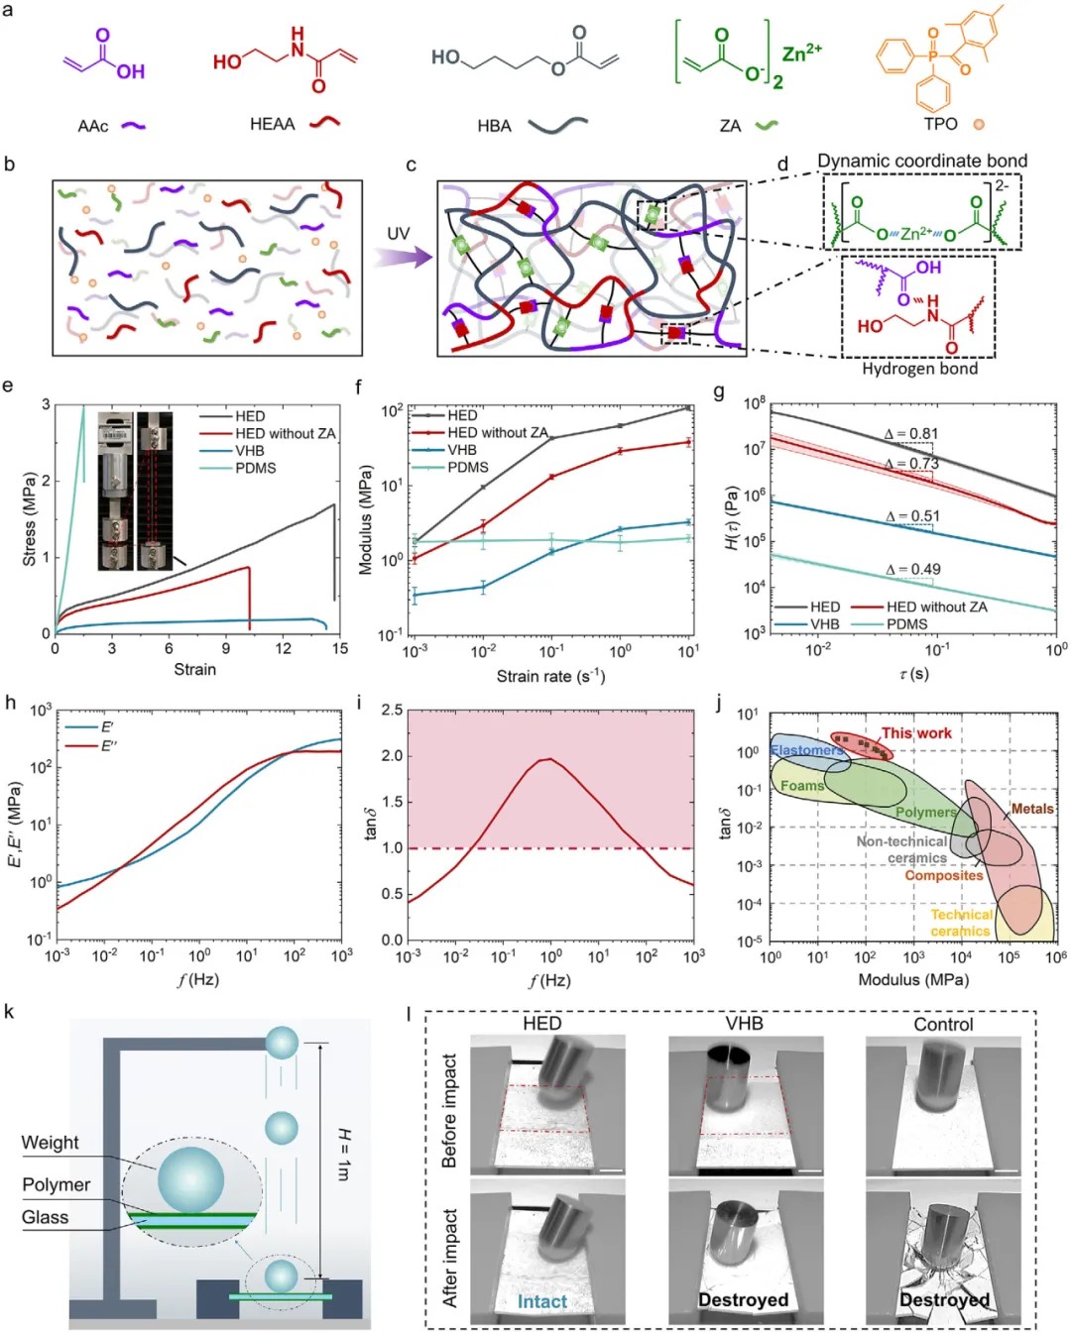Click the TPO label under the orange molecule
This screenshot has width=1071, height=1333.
940,124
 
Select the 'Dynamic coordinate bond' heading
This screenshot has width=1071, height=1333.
921,161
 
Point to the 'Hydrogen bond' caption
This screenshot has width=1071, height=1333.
919,369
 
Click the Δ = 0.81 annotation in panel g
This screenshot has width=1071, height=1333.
910,434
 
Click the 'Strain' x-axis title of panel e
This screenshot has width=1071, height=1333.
194,670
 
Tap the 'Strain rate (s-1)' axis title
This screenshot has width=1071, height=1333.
550,676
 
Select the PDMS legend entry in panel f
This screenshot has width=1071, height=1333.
467,467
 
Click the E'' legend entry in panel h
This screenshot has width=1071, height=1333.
108,745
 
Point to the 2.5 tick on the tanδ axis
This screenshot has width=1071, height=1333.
392,711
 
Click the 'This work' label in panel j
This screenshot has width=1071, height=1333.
916,733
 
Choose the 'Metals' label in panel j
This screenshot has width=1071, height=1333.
1032,809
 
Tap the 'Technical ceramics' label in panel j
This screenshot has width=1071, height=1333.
961,923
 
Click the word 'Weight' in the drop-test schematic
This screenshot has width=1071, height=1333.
50,1143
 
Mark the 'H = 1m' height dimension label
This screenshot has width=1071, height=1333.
343,1155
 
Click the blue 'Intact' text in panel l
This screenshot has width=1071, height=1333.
542,1301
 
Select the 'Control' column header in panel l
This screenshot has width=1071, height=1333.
943,1024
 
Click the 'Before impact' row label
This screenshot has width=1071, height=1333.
449,1110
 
